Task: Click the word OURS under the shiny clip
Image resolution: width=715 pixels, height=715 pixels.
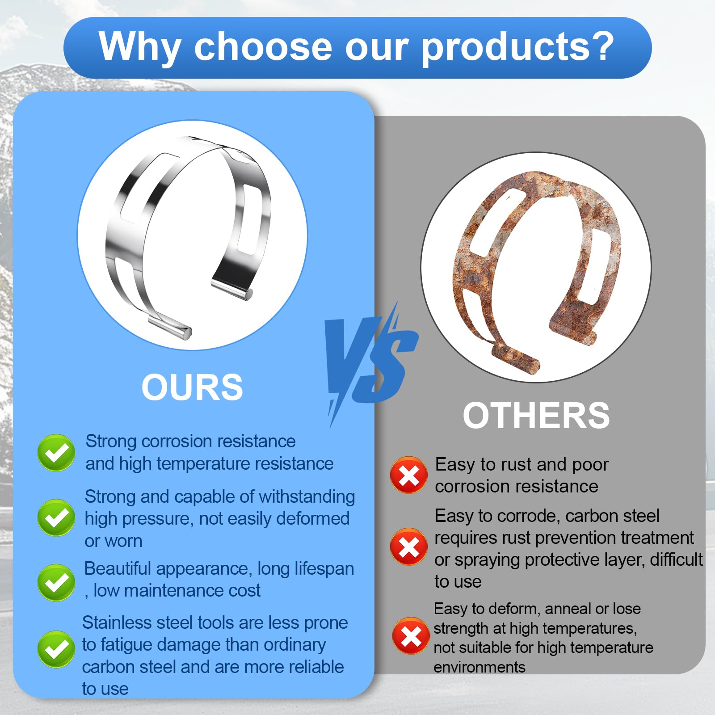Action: pos(192,387)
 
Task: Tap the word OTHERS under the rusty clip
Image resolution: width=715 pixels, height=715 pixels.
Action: pos(536,416)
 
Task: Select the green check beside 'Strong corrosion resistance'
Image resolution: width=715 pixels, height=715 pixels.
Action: pos(56,452)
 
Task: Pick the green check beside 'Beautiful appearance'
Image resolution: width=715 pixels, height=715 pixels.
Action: pos(56,582)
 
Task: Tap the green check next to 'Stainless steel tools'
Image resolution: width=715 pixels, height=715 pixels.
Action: pos(56,649)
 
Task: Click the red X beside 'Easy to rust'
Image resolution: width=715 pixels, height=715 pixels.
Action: pos(408,475)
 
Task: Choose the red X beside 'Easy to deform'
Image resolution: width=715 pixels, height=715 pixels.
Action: pos(411,636)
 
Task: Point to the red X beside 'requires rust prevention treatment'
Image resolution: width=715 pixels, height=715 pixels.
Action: pos(408,547)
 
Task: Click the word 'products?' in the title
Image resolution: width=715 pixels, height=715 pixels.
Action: pos(517,47)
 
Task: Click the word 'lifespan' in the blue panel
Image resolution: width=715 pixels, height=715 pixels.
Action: pos(324,569)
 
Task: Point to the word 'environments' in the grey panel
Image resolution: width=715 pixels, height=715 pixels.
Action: pos(479,667)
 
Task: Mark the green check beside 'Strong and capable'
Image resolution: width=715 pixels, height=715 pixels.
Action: pos(56,517)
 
